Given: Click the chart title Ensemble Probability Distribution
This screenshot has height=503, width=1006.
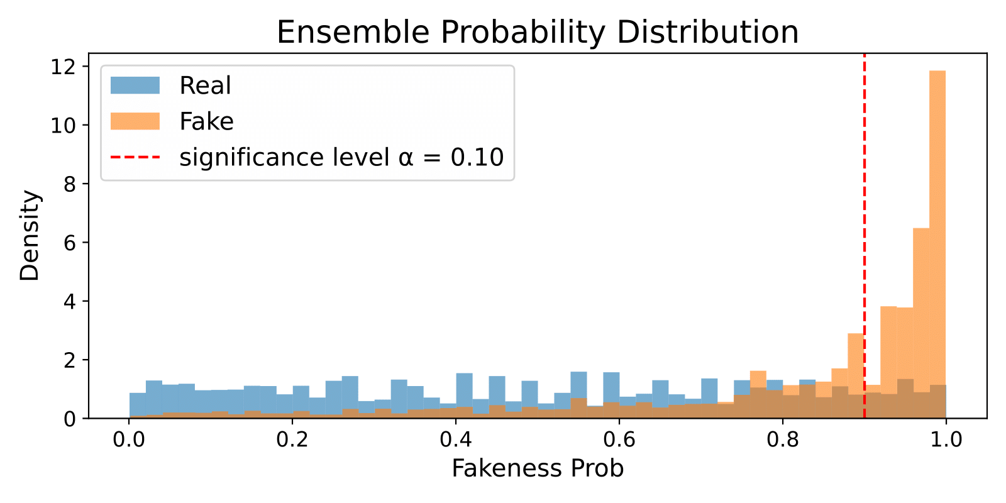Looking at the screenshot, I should coord(538,32).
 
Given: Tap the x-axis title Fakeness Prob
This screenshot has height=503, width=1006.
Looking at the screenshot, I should coord(538,468).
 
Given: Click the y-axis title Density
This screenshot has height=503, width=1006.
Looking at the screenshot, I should coord(30,236).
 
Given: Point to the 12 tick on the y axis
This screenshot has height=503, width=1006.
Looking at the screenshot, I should coord(64,67).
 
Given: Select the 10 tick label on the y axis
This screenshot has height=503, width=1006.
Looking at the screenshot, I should coord(64,125).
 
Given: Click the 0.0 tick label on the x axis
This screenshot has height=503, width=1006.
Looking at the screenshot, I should coord(129,439).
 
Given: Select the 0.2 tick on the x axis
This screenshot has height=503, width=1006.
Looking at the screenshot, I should coord(292,439).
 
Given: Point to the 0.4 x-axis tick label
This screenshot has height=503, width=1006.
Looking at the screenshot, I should coord(456,439).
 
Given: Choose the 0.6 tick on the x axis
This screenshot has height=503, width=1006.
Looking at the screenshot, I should coord(619,439).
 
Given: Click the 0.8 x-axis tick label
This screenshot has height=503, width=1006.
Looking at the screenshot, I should coord(783,439).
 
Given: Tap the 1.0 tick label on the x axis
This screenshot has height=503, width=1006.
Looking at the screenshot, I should coord(946,439).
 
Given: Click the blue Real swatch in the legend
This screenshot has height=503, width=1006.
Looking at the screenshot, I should coord(135,86).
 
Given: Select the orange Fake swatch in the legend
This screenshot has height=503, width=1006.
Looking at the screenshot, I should coord(135,121).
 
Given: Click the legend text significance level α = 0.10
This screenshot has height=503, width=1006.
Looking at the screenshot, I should coord(341,157).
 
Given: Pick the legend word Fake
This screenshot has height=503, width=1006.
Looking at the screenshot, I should coord(206,121).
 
